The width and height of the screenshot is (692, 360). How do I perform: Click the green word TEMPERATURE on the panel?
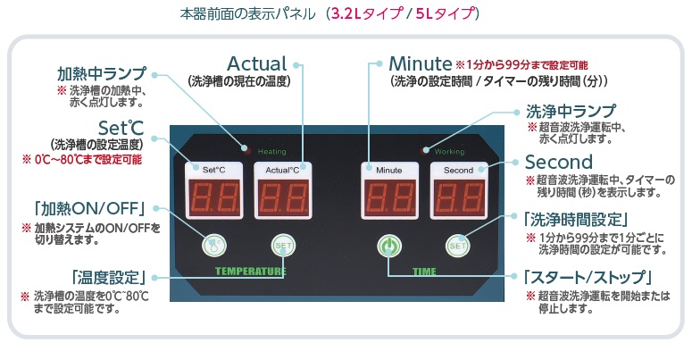250,270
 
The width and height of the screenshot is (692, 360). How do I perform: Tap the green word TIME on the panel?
423,270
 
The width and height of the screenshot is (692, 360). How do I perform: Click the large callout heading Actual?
257,64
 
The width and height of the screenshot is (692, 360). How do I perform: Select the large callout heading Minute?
421,64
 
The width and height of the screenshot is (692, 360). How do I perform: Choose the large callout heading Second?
559,163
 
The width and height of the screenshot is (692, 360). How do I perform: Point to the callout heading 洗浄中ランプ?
571,112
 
